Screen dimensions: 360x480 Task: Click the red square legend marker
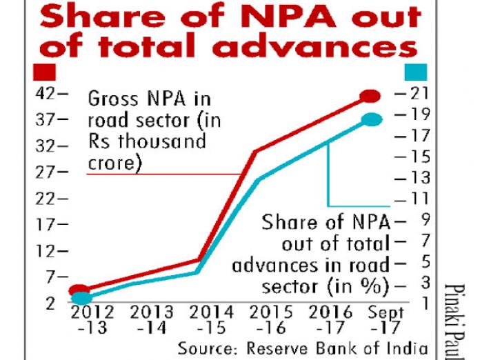click(43, 71)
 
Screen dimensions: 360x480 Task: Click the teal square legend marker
click(416, 71)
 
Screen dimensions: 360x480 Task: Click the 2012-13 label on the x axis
click(88, 319)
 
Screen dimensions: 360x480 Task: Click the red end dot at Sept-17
click(371, 96)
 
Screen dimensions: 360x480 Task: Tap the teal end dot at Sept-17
click(371, 119)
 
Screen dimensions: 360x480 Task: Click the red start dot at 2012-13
click(80, 291)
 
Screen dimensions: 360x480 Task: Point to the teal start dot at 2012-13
click(81, 299)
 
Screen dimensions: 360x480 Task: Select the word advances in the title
click(319, 47)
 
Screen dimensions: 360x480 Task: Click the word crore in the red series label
click(112, 164)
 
